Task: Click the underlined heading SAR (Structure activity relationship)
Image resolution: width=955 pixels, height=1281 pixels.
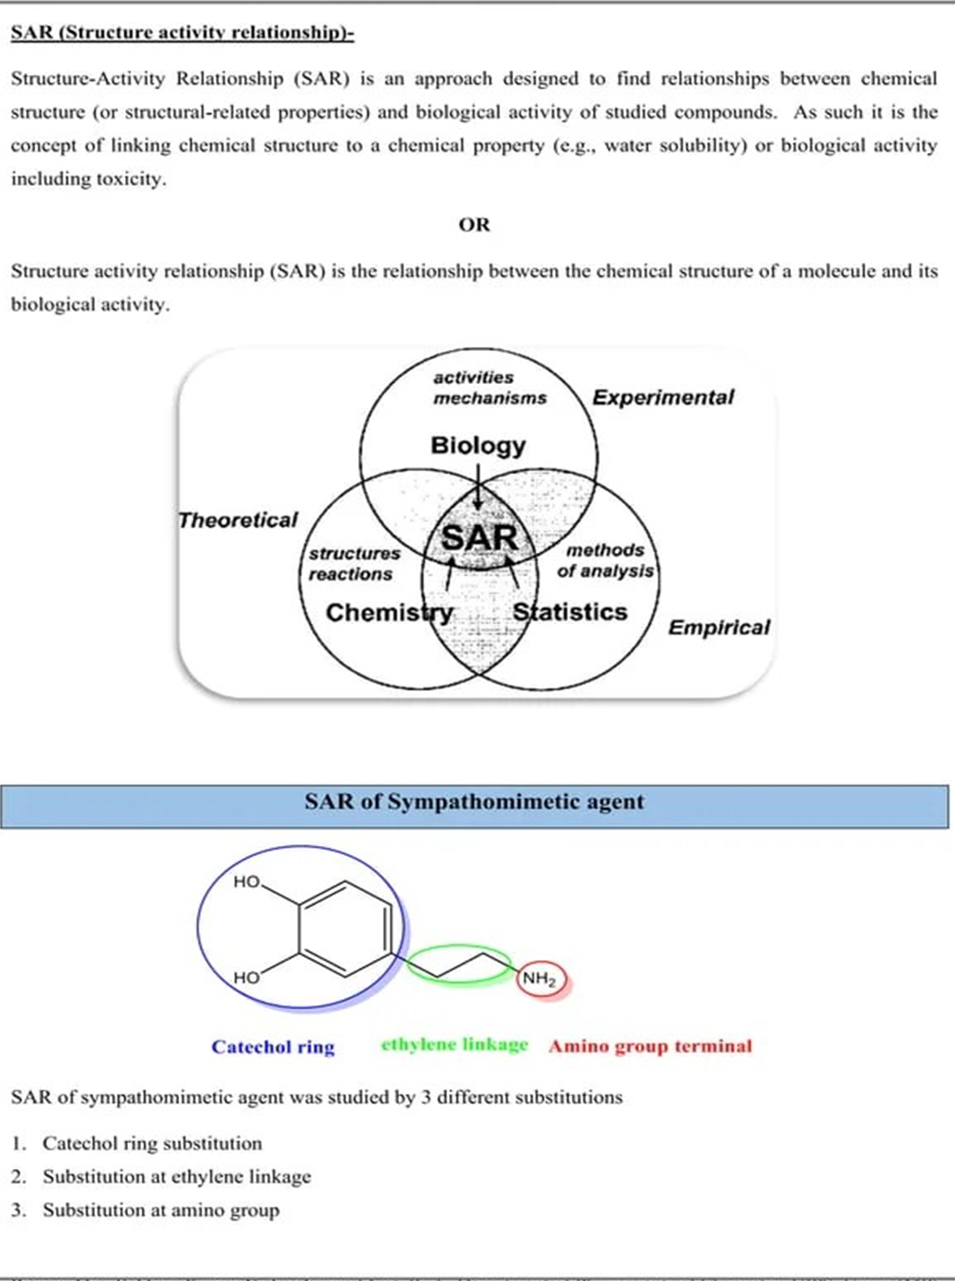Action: click(x=182, y=33)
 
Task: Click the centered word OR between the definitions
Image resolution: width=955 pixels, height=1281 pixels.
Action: click(x=474, y=224)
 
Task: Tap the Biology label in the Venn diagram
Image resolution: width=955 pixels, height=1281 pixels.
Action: click(x=477, y=446)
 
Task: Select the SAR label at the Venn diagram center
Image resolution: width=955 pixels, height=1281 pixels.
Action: click(x=479, y=538)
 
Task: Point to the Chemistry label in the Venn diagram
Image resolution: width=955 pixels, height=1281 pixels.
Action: click(x=389, y=613)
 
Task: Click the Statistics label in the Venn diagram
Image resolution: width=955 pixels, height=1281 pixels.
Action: click(x=570, y=612)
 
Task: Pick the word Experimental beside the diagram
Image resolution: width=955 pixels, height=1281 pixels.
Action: click(x=663, y=398)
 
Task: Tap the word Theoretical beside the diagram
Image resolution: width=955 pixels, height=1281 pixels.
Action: click(x=238, y=520)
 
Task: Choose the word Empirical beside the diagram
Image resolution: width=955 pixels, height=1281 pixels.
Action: click(x=718, y=628)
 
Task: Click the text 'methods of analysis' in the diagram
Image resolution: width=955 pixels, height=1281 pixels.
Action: click(x=605, y=561)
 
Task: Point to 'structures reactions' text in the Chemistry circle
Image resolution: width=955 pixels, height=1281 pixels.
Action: click(x=354, y=564)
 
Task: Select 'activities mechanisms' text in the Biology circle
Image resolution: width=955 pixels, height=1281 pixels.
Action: click(x=489, y=388)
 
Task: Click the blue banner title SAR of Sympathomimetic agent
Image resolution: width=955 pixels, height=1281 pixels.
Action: click(x=474, y=802)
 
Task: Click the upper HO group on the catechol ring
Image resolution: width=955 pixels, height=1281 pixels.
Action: click(x=246, y=882)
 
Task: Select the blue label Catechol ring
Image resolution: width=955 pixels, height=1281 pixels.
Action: click(x=273, y=1047)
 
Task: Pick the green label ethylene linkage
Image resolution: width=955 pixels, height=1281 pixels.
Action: click(x=454, y=1045)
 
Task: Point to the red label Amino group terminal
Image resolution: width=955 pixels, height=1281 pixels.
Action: click(x=650, y=1046)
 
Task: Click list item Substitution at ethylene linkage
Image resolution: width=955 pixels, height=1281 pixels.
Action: click(x=176, y=1177)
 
